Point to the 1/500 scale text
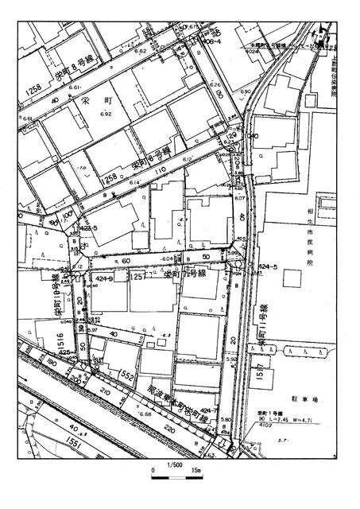coord(174,465)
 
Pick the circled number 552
coord(126,374)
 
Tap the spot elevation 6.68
coord(145,414)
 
